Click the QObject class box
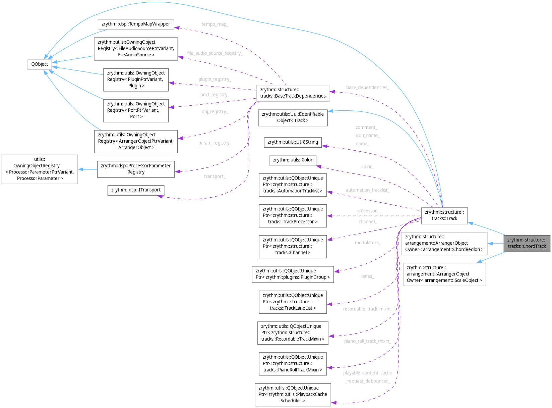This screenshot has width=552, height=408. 40,64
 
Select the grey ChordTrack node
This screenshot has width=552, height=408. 527,243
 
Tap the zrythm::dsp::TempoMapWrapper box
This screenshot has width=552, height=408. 136,24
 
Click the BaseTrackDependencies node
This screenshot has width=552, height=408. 293,93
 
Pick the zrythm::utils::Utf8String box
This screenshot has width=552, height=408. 293,142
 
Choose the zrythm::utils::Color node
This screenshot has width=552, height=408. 293,160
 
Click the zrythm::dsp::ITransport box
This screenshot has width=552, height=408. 136,190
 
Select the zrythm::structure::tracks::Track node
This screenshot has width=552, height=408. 444,215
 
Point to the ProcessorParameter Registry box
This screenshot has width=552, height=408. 136,169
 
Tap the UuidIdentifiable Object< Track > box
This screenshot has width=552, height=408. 293,117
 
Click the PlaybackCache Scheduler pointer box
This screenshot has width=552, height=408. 293,394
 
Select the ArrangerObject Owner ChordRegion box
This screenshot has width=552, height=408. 444,243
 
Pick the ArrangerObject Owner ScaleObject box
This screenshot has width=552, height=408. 444,274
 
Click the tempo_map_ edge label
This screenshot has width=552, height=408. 214,24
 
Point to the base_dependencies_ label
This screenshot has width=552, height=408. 367,88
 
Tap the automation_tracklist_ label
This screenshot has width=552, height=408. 367,190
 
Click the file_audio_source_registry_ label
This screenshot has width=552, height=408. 214,53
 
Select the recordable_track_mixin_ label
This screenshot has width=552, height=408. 367,309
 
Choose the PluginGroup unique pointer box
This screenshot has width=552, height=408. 293,274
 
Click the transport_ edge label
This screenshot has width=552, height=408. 214,176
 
